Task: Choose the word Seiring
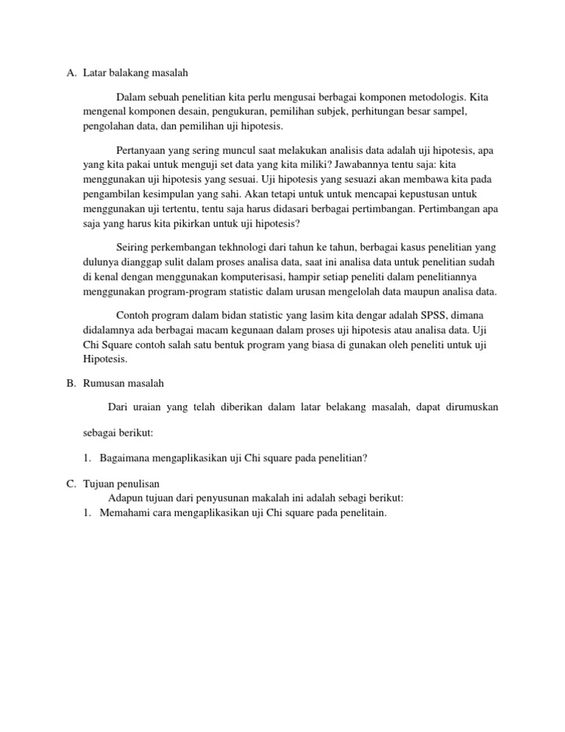[x=133, y=247]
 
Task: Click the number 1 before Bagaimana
[x=87, y=458]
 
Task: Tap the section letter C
[x=70, y=484]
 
